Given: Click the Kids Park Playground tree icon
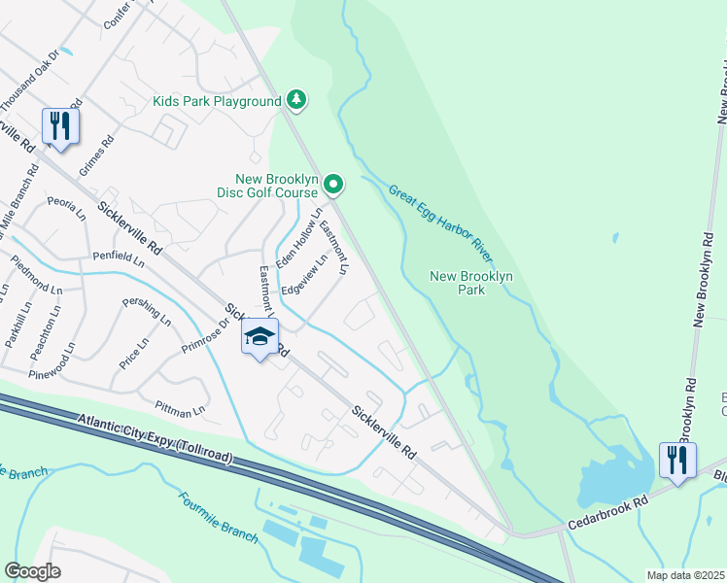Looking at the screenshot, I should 297,100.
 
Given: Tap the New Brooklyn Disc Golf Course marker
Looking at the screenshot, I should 333,183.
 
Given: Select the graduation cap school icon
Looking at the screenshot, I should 260,337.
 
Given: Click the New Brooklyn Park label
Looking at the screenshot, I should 470,283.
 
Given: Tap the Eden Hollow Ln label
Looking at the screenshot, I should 298,238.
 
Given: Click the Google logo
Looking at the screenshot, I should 32,570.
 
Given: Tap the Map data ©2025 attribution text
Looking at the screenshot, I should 685,575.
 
